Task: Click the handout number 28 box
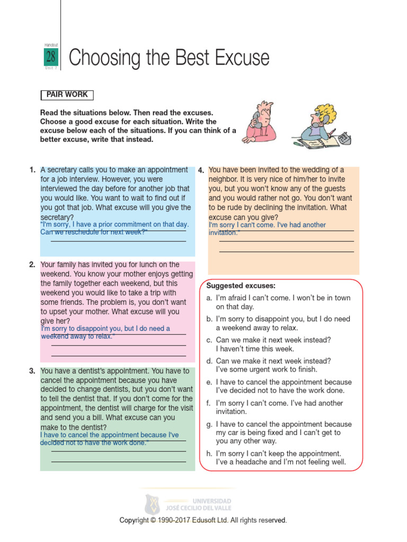50,57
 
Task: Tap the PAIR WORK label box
67,95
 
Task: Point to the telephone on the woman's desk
344,138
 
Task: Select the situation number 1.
32,170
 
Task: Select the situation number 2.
32,265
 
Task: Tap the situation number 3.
32,371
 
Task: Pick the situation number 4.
201,170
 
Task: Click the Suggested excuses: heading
241,285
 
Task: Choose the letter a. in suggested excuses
209,298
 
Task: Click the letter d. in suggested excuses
209,361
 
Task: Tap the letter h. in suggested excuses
209,454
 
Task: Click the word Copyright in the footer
135,520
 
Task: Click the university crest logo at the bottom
152,504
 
